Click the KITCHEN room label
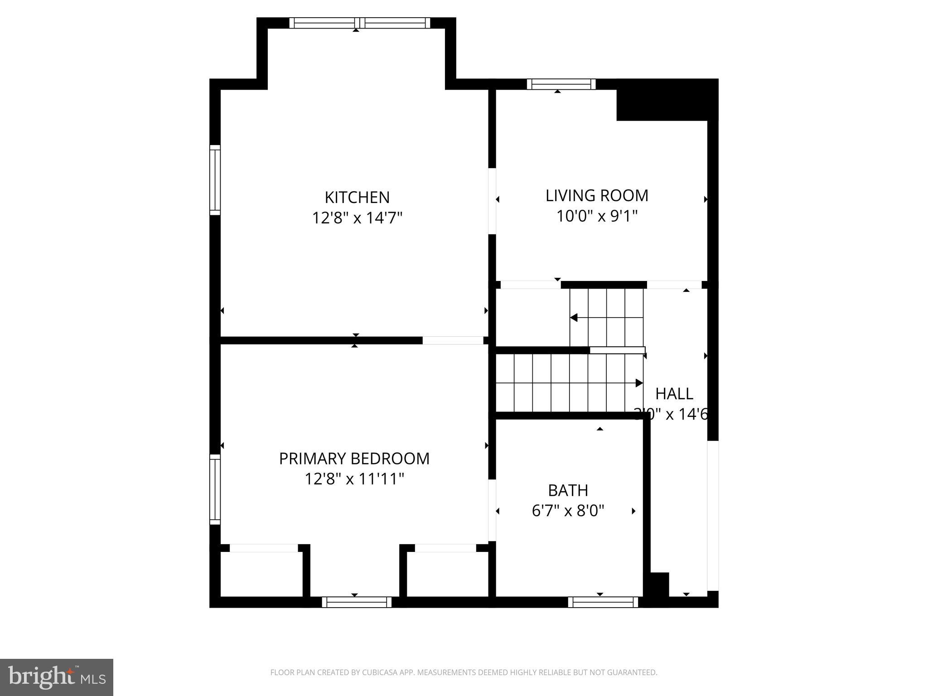pos(357,198)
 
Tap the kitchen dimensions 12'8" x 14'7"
pos(357,218)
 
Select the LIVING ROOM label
pos(597,196)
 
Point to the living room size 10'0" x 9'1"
pos(597,217)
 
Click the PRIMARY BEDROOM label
pos(354,459)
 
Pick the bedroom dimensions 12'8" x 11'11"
pos(354,479)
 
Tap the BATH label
pos(568,490)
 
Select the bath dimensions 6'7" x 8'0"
pos(568,511)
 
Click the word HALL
pos(674,394)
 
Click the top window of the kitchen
pos(359,23)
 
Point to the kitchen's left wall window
pos(215,180)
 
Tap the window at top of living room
pos(561,84)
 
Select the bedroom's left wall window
pos(215,489)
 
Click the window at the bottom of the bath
pos(603,602)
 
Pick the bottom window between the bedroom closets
pos(357,602)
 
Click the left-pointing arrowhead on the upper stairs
pos(574,318)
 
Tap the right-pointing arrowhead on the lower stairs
pos(639,383)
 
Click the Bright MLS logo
pos(56,677)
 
